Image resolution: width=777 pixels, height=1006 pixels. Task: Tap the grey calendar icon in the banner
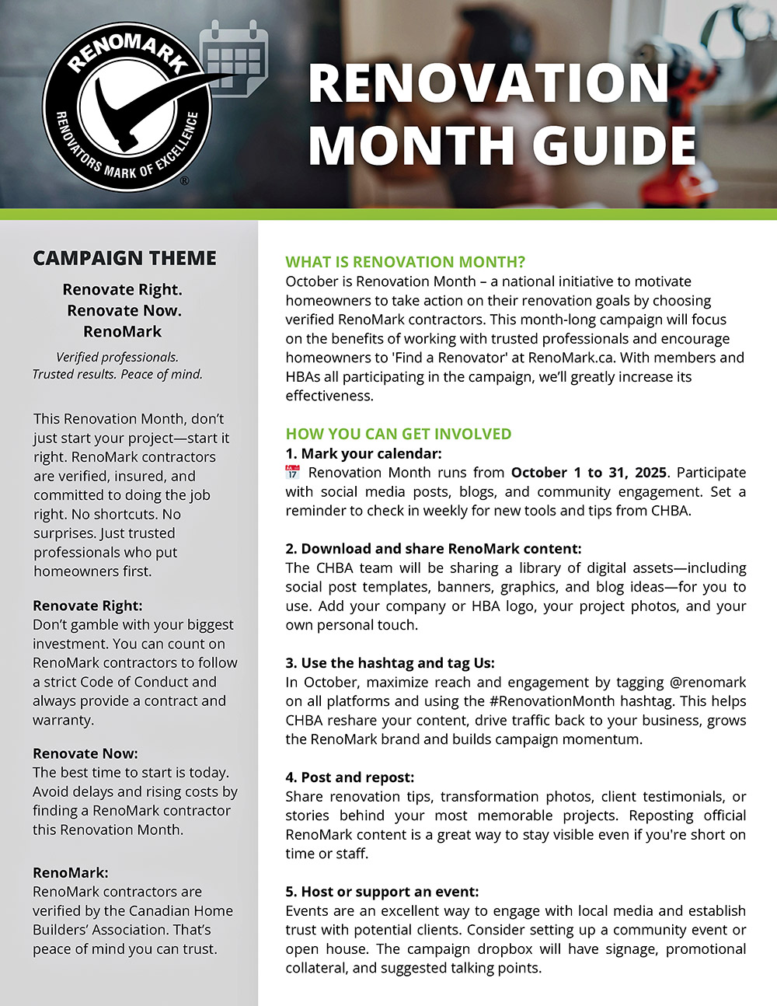(234, 58)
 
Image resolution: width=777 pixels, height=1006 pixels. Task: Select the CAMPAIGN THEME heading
(124, 258)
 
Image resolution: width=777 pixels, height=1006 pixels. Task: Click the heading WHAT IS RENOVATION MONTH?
(405, 262)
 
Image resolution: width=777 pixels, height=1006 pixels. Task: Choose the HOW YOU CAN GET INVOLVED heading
(398, 434)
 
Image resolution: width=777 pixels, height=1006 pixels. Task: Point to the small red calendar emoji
(292, 472)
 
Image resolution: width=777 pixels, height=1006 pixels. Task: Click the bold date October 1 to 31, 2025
(588, 473)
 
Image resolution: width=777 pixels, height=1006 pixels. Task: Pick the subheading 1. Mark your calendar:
(363, 453)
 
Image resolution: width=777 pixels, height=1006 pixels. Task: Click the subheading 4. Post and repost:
(350, 777)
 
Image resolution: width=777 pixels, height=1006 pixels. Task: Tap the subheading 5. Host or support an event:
(382, 892)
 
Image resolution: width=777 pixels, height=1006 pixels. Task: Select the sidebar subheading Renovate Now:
(85, 753)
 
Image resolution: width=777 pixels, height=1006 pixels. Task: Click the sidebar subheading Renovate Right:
(88, 606)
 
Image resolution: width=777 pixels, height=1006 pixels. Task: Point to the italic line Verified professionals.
(117, 358)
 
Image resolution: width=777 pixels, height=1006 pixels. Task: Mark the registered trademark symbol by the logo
(184, 181)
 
